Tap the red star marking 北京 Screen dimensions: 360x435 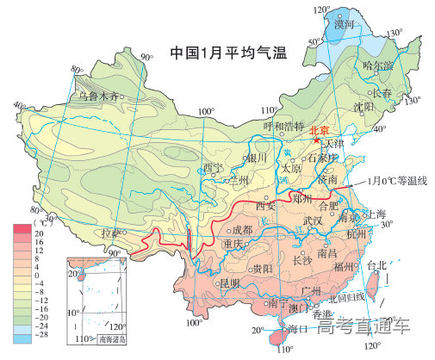317,140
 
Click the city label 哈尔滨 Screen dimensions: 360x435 377,65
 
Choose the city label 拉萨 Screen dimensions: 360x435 112,233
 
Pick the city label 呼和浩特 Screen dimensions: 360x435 284,126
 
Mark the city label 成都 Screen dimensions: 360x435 243,230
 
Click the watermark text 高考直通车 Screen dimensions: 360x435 364,326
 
